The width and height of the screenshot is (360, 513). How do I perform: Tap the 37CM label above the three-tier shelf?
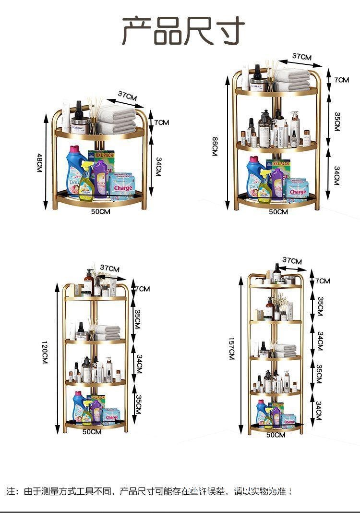point(302,57)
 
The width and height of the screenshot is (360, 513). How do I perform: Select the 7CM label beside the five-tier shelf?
point(323,281)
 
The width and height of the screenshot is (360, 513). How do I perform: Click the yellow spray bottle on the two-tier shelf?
point(86,185)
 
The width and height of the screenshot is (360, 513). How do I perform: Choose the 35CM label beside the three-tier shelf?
point(337,122)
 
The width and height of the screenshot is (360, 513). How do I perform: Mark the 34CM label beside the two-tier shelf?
point(158,166)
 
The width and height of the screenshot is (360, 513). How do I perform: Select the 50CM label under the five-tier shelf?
point(276,435)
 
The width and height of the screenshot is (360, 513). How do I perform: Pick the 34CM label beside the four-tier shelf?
point(139,364)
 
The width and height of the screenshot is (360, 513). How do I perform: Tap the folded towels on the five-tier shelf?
point(285,349)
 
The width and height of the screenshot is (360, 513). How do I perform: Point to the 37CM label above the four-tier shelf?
point(110,268)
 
